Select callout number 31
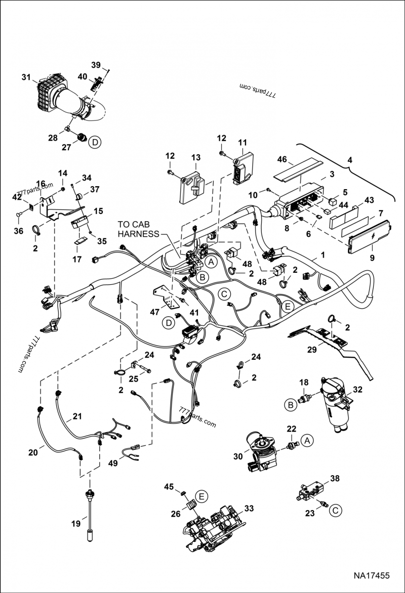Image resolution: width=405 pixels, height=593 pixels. pos(26,77)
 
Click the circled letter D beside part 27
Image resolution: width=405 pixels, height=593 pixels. pos(94,143)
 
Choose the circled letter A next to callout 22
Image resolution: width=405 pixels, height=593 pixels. pos(307,442)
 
